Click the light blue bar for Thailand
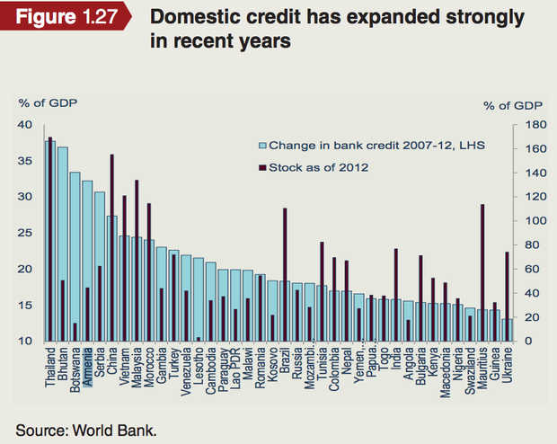pos(50,243)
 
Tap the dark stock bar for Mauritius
pos(482,270)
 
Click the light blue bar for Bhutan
pos(63,243)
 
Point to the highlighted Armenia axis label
pos(88,369)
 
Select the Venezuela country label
pos(187,373)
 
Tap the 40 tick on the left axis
pos(27,125)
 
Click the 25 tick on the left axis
pos(27,233)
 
